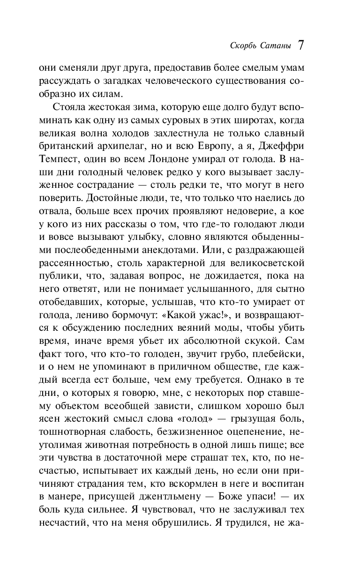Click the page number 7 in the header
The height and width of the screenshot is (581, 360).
(300, 45)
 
